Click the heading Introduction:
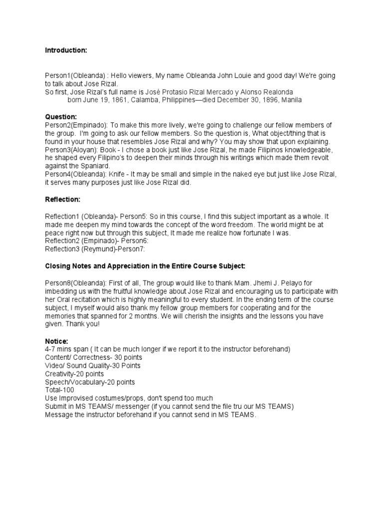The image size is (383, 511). coord(66,50)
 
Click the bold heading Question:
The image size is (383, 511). coord(61,116)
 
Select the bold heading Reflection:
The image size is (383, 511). coord(62,199)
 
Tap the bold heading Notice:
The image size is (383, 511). coord(56,341)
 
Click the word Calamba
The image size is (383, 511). coord(149,100)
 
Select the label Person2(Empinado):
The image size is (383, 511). coord(75,125)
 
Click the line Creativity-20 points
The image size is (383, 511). coord(74,374)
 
